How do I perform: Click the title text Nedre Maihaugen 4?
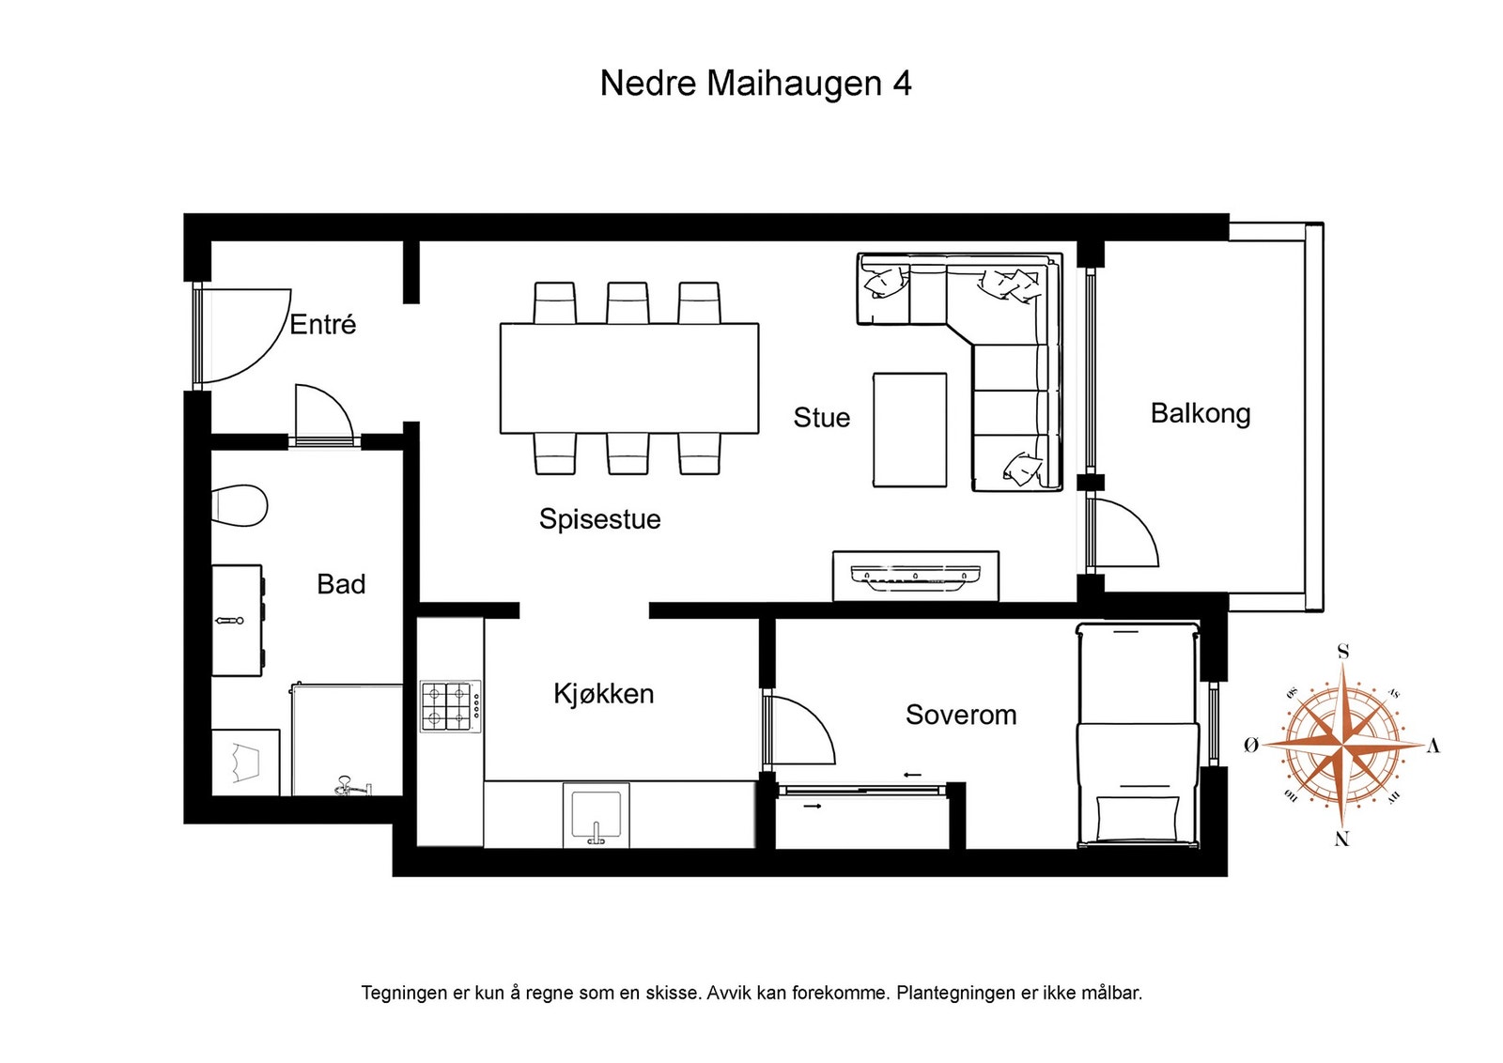pos(755,84)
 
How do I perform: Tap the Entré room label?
pos(322,325)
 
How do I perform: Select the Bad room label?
pos(341,584)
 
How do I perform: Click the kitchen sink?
pos(596,814)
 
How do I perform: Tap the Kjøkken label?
pos(603,694)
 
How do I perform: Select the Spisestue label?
pos(599,519)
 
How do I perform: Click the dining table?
pos(628,377)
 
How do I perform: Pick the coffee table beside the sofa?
pos(909,429)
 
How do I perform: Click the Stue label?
pos(821,418)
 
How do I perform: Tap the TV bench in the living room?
pos(915,575)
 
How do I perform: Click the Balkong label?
pos(1200,413)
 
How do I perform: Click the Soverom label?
pos(960,716)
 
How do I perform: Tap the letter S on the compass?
pos(1342,652)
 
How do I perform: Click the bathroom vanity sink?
pos(237,620)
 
